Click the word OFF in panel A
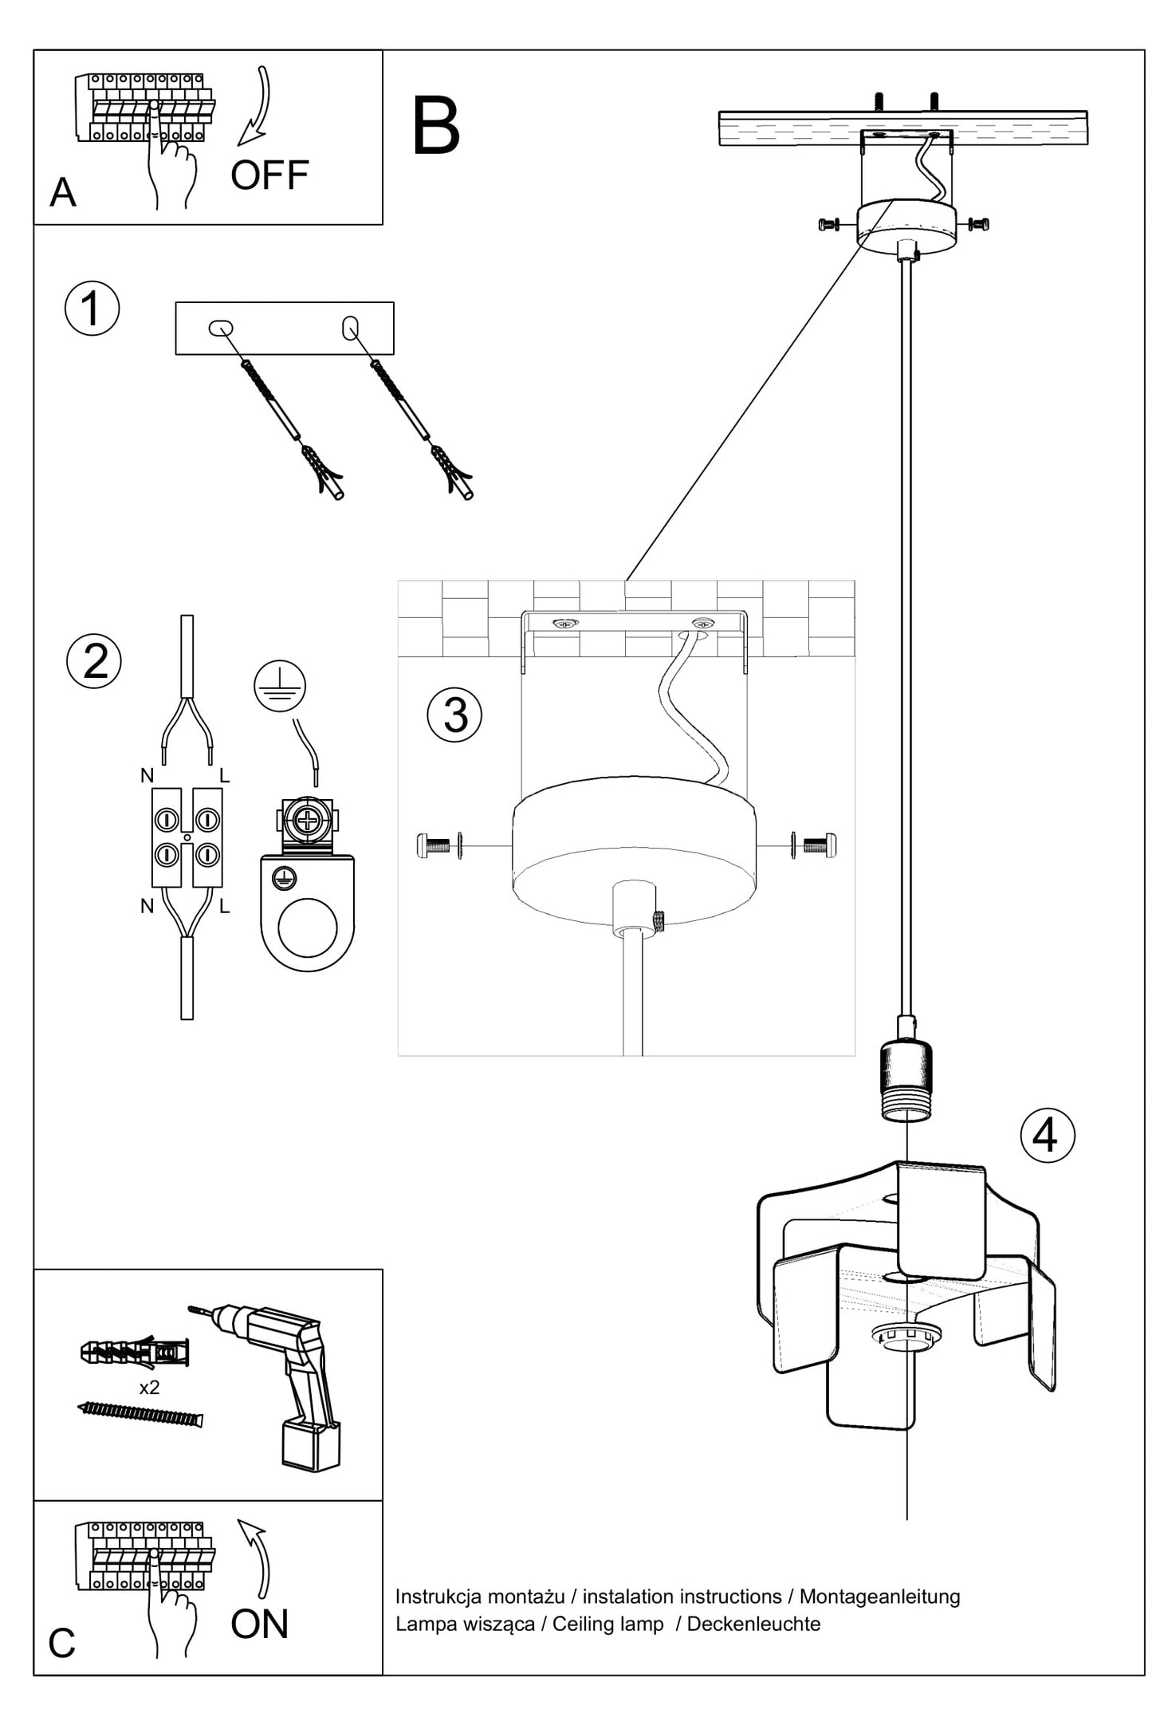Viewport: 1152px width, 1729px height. click(269, 175)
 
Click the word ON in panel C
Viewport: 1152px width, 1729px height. click(259, 1625)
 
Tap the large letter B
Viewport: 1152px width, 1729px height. click(436, 127)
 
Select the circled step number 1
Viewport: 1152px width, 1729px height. click(92, 309)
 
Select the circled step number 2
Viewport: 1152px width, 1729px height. click(94, 661)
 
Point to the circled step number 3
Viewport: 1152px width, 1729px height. click(454, 715)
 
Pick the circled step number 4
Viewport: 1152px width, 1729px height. click(1047, 1135)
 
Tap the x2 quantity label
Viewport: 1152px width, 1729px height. click(149, 1388)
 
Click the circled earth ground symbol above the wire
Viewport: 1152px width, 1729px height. click(280, 687)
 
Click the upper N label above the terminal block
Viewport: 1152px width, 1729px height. click(147, 775)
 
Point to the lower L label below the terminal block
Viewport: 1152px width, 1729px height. click(225, 906)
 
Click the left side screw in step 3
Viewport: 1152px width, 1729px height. click(434, 845)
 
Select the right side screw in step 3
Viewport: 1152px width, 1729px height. click(819, 845)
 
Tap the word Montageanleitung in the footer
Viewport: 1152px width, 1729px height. click(879, 1597)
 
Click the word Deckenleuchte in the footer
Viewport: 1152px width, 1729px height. click(753, 1624)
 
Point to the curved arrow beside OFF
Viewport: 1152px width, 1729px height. click(257, 107)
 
